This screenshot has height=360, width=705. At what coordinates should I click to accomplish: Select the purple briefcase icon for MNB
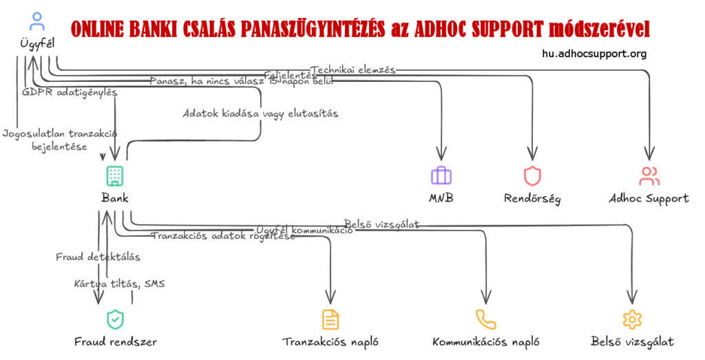441,176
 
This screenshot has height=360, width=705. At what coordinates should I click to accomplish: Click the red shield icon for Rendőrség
532,176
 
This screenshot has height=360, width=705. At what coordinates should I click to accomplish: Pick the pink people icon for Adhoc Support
649,176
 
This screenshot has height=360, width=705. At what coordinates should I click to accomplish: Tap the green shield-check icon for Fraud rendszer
115,319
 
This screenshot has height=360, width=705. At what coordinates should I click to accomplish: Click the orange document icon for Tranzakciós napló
330,319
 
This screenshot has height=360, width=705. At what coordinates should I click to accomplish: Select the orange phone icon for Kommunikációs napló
485,319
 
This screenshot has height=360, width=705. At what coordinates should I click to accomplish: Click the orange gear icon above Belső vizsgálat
631,319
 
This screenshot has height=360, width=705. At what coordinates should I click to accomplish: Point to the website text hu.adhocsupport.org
594,54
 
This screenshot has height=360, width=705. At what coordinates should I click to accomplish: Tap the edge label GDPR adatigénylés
70,92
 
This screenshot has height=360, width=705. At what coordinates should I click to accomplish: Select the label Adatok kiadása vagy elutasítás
260,113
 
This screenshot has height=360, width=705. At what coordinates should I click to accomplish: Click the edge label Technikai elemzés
353,70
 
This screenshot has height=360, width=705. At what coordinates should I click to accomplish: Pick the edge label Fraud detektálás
98,257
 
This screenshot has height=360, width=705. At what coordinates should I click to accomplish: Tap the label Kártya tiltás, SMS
119,284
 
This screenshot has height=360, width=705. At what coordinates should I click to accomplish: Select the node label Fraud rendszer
115,341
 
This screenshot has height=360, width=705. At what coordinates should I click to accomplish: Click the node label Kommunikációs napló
485,341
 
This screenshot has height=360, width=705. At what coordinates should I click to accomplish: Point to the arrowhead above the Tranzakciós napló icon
330,297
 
